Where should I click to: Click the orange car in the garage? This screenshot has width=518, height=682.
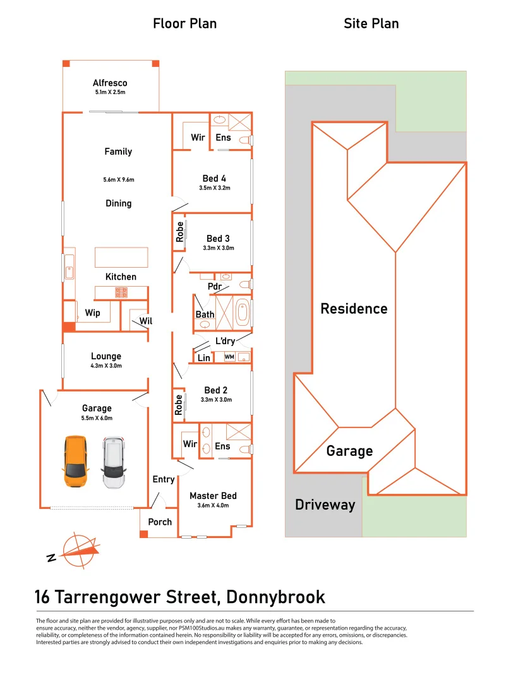[x=75, y=461]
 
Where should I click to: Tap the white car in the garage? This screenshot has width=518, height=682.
[x=114, y=462]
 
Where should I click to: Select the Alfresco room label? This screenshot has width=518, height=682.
[x=110, y=83]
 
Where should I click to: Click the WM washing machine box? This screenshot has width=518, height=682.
[x=229, y=357]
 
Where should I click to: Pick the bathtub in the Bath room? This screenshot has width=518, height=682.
[x=242, y=312]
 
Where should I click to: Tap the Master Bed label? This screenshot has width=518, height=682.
[x=213, y=496]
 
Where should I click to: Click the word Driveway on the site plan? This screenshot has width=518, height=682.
[x=325, y=505]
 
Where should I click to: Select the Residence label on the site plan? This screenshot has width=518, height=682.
[x=354, y=308]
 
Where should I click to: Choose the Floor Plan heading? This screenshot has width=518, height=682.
[x=185, y=23]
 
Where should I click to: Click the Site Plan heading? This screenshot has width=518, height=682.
[x=371, y=23]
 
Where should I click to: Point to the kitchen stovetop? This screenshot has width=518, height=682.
[x=121, y=293]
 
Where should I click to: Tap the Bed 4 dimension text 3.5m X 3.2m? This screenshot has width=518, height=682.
[x=215, y=188]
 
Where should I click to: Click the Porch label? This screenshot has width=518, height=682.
[x=160, y=522]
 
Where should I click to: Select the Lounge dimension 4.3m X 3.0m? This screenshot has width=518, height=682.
[x=106, y=366]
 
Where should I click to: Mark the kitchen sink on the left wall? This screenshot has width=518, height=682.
[x=69, y=272]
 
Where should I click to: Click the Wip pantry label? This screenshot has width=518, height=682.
[x=93, y=313]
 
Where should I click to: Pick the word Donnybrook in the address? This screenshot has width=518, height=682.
[x=276, y=597]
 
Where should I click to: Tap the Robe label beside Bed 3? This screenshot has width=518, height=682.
[x=179, y=232]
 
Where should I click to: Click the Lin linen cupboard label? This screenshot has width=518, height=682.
[x=204, y=357]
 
